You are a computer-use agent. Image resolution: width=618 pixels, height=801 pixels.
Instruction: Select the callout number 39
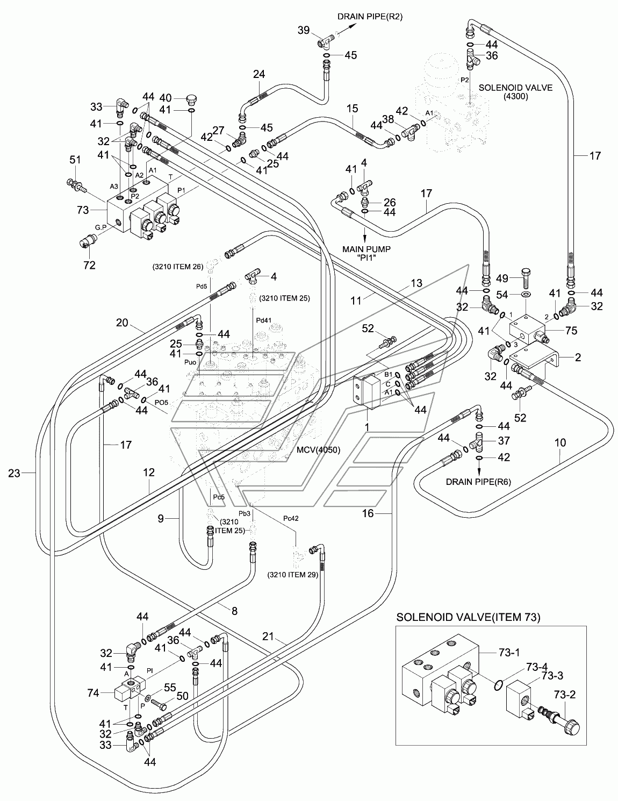[x=304, y=30]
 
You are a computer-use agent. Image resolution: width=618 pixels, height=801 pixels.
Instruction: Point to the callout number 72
[x=90, y=265]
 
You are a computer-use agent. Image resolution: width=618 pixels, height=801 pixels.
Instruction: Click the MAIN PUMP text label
[x=367, y=249]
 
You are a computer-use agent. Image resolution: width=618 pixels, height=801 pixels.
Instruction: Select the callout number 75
[x=571, y=331]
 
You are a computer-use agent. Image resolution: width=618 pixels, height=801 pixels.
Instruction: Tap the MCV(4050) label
[x=319, y=450]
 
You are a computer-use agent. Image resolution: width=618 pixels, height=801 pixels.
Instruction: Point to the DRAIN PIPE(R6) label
[x=478, y=482]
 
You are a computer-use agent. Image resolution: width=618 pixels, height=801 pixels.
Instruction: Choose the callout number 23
[x=14, y=473]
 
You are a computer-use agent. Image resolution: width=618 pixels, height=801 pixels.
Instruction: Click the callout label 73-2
[x=565, y=695]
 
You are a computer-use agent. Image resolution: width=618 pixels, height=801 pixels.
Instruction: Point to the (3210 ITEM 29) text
[x=293, y=574]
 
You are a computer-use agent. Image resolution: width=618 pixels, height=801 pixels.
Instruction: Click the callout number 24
[x=259, y=74]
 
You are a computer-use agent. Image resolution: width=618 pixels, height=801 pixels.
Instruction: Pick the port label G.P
[x=101, y=227]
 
